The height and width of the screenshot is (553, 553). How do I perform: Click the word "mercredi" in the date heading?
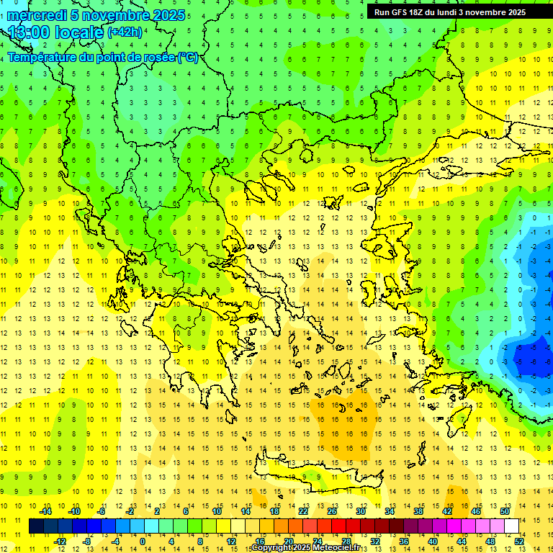pos(37,15)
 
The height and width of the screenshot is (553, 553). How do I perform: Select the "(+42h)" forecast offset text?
pos(125,32)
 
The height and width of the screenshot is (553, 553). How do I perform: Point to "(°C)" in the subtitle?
pos(187,57)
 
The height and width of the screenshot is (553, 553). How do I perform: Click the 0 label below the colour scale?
pos(143,541)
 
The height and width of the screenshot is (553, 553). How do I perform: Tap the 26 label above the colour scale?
pos(332,511)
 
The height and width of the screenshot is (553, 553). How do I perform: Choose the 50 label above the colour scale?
pos(505,511)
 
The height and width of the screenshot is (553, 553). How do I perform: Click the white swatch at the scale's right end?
pos(512,526)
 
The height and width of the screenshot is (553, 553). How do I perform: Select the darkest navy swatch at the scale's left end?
pos(36,526)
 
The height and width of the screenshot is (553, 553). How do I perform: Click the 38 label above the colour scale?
pos(418,511)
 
